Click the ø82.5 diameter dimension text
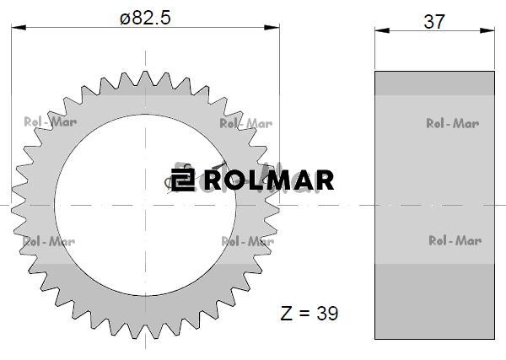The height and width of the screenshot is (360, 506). [145, 18]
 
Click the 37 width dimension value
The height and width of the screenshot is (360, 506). [434, 22]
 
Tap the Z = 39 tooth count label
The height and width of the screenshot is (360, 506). [310, 314]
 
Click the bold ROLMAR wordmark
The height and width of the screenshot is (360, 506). [269, 180]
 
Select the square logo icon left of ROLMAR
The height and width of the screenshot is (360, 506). [183, 180]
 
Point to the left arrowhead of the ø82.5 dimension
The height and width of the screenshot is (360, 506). [19, 28]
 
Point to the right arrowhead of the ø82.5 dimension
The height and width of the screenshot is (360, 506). [272, 28]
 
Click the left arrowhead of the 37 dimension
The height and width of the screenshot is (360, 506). [382, 30]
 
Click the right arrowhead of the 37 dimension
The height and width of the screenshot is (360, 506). [487, 30]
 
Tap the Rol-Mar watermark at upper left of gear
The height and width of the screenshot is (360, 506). [51, 122]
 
